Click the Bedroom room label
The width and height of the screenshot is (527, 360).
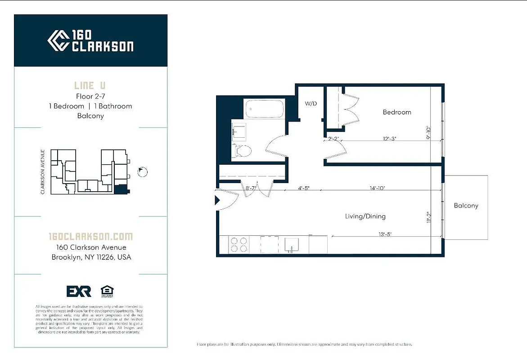click(396, 112)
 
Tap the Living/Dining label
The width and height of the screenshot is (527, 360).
click(365, 216)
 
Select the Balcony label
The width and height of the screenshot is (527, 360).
click(466, 206)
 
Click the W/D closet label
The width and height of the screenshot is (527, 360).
click(311, 103)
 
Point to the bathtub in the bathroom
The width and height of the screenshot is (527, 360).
click(264, 108)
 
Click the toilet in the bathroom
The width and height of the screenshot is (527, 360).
click(242, 151)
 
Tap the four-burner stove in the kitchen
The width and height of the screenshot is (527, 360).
click(239, 245)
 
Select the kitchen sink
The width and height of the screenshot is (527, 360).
click(291, 245)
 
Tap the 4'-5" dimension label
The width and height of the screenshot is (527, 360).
click(303, 188)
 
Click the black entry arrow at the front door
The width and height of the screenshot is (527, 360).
click(217, 200)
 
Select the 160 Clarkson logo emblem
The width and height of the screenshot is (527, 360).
click(58, 40)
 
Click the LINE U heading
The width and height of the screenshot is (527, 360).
click(90, 85)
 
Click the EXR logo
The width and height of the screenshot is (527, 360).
click(79, 291)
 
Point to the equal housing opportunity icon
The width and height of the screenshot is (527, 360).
click(107, 291)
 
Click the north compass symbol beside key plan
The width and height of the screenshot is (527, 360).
click(143, 171)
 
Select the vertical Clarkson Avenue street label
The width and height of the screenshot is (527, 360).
click(43, 172)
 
